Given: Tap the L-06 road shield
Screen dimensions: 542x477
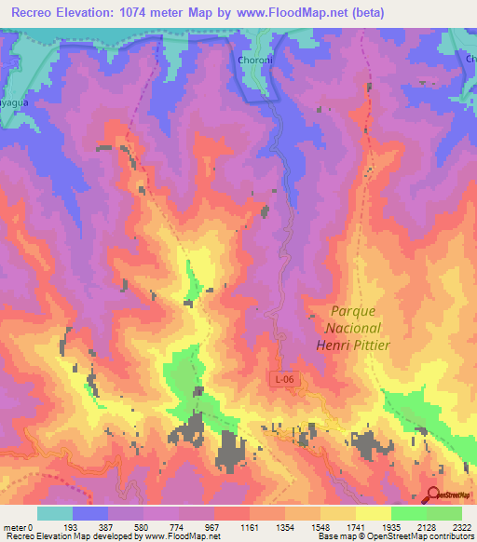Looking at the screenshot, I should click(x=287, y=379).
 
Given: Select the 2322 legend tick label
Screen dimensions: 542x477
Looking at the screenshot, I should click(x=461, y=527).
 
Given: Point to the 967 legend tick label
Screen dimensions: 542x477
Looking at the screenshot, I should click(x=214, y=527).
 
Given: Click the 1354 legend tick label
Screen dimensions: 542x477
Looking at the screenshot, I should click(x=285, y=527).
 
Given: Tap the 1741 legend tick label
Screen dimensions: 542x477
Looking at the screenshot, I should click(x=356, y=527).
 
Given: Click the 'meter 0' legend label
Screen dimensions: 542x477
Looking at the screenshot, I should click(x=19, y=527).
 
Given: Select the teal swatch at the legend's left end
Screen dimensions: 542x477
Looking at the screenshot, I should click(x=55, y=513).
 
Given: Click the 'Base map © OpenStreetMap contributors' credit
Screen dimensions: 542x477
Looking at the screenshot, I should click(x=390, y=536).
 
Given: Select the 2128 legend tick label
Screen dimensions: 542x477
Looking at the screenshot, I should click(x=426, y=527).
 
